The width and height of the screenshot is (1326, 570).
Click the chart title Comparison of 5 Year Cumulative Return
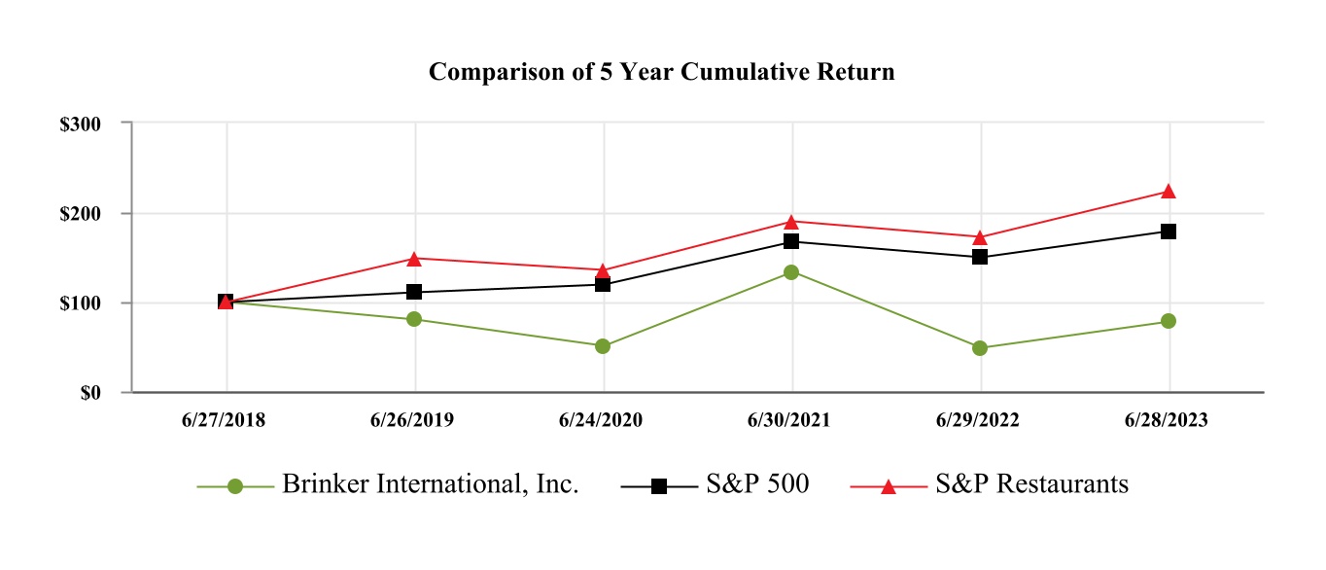[x=661, y=72]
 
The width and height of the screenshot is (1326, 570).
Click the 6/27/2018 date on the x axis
[x=225, y=420]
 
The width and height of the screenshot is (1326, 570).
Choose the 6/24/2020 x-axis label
[x=602, y=420]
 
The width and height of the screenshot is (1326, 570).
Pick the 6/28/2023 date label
[x=1168, y=420]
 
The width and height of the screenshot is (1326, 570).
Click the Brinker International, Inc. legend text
[x=431, y=484]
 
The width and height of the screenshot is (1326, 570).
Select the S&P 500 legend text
[x=757, y=484]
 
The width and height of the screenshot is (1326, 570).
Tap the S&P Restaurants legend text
[x=1031, y=484]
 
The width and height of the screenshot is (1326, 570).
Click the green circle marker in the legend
[x=234, y=486]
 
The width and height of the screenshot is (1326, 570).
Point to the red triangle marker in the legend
[x=888, y=485]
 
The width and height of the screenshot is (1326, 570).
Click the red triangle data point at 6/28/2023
[x=1169, y=192]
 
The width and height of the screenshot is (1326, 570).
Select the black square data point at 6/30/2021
[x=791, y=241]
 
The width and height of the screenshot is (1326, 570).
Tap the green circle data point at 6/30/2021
[x=791, y=272]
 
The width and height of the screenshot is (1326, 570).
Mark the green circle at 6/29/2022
[x=980, y=348]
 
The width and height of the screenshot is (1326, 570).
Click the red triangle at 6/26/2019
[x=414, y=259]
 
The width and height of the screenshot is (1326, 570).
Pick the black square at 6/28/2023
[x=1169, y=232]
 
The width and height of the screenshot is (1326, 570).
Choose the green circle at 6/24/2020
[x=603, y=346]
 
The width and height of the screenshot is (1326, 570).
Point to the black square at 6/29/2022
[x=980, y=257]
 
